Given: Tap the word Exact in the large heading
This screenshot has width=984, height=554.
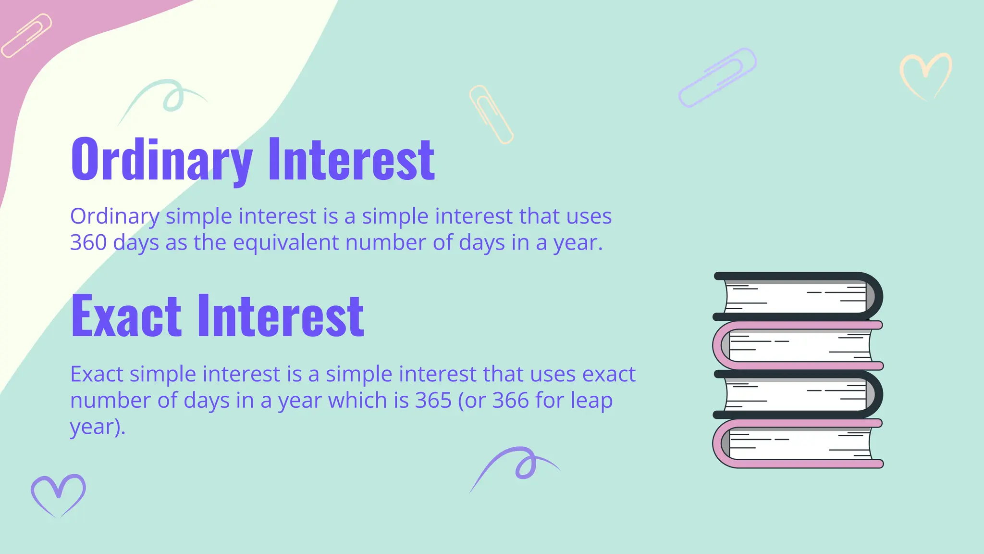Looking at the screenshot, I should [126, 316].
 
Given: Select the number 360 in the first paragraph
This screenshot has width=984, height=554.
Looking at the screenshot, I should [88, 242].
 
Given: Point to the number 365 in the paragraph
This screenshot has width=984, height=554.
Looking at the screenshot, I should [433, 400].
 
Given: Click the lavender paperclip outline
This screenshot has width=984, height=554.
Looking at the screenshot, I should [717, 77].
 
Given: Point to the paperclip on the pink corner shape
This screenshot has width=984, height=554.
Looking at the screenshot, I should [26, 36].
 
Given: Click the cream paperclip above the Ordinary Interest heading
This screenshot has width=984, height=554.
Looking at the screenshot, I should [491, 114].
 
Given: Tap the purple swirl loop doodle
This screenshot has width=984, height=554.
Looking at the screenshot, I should [521, 464].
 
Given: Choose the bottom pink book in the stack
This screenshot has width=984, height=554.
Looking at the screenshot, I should [798, 443].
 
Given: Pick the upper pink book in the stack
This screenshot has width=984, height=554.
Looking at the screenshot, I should [798, 345].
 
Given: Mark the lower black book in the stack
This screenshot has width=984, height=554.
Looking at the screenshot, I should [798, 394].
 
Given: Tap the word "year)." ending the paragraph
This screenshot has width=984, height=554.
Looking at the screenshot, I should [98, 427].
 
